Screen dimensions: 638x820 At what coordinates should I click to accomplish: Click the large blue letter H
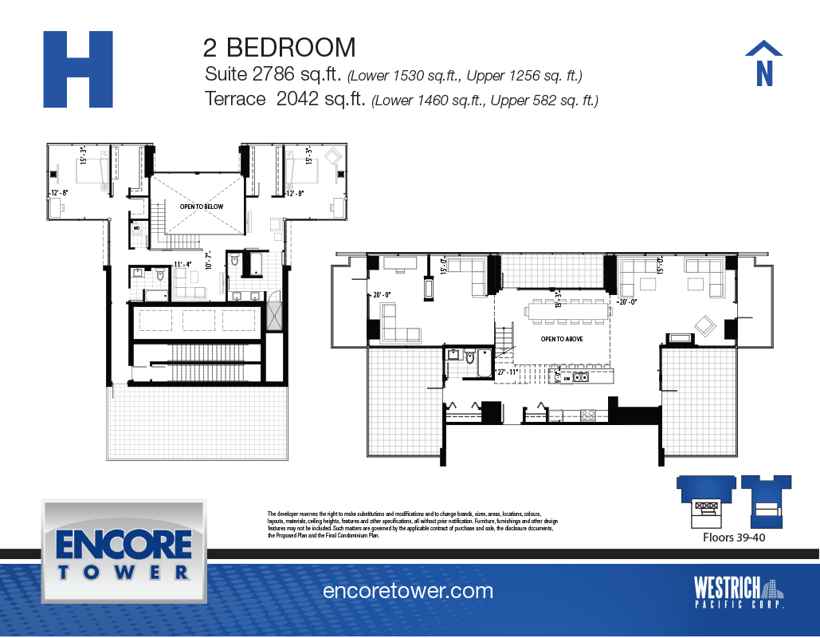[x=77, y=69]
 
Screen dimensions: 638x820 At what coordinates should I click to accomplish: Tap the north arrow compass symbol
[x=763, y=63]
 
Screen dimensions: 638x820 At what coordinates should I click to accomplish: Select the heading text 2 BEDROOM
[x=279, y=47]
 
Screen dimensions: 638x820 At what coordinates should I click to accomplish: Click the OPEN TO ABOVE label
[x=563, y=339]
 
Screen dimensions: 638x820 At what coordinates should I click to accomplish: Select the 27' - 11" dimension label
[x=508, y=372]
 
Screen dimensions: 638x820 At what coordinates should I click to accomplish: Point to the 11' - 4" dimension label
[x=183, y=264]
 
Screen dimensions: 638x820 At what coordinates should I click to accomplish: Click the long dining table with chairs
[x=564, y=312]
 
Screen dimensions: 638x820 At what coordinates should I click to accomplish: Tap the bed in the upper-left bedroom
[x=92, y=171]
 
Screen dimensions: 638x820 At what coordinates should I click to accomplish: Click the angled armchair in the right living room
[x=704, y=325]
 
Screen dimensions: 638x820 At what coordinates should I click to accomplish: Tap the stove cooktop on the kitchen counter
[x=587, y=415]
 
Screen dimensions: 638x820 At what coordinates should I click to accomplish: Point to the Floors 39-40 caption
[x=733, y=538]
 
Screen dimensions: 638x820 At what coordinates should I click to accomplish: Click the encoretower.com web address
[x=408, y=591]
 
